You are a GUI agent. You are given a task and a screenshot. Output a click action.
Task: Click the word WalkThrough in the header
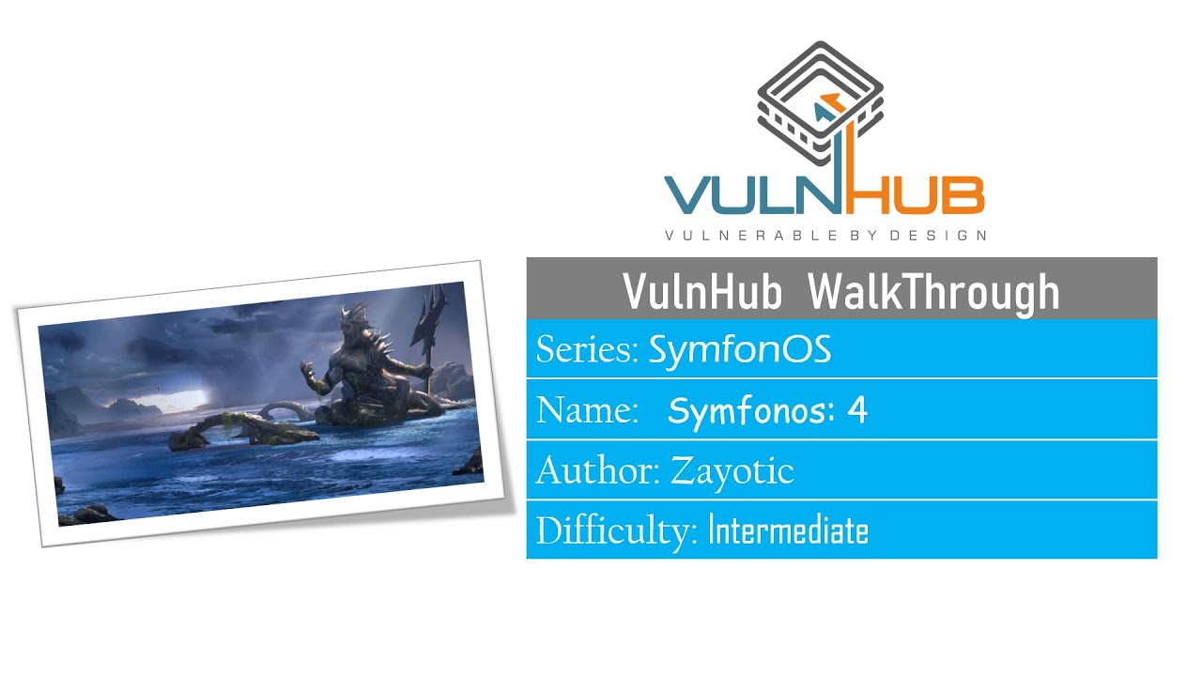coord(933,292)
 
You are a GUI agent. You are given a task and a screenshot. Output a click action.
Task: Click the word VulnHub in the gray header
coord(702,292)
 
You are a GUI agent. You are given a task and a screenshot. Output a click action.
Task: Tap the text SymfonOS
coord(740,350)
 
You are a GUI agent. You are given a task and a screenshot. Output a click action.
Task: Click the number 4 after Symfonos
coord(856,410)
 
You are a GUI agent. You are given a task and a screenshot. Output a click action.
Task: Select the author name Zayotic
coord(732,470)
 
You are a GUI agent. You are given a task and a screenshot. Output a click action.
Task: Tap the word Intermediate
coord(788,531)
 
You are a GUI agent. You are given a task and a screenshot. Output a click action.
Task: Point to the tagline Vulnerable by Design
coord(825,236)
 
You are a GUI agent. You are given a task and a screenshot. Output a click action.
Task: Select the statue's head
coord(355,322)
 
